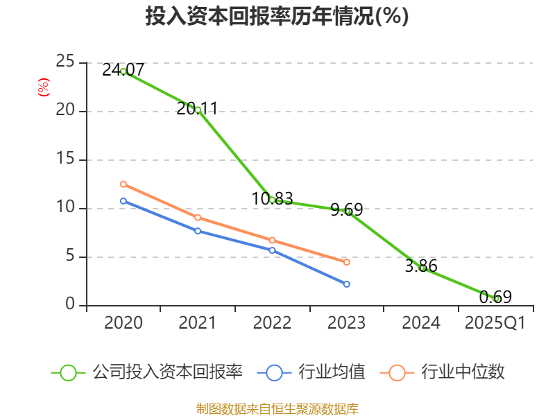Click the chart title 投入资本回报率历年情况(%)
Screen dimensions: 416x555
(277, 17)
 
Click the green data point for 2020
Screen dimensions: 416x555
(123, 71)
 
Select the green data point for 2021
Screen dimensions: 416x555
(198, 110)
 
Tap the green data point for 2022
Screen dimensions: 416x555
(272, 200)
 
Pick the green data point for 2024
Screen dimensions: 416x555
(422, 268)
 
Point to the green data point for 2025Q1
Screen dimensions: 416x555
(496, 299)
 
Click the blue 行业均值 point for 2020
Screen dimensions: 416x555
(123, 201)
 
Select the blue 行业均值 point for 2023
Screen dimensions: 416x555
(347, 284)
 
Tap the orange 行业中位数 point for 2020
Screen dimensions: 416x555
(123, 184)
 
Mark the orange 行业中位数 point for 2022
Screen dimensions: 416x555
(272, 240)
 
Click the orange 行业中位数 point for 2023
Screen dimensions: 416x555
(347, 262)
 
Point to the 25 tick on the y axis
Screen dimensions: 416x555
(65, 62)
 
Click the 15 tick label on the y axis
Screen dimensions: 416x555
(65, 159)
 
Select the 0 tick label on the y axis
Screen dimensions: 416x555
(70, 305)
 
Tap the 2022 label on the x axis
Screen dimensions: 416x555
(272, 323)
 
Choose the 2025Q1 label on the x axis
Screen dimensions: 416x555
(495, 323)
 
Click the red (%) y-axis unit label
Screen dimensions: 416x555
(43, 87)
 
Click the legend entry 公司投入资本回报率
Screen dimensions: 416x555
(167, 372)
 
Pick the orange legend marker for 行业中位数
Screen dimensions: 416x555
(397, 372)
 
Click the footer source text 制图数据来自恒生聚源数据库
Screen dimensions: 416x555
(277, 408)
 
